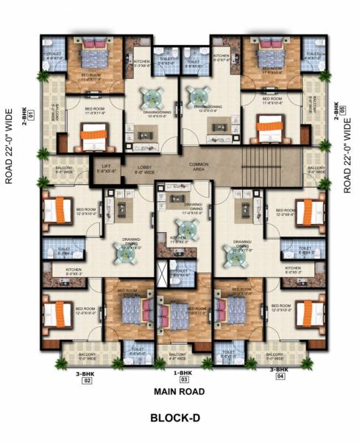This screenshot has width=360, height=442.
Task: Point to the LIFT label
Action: point(106,169)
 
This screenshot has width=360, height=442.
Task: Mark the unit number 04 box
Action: point(280,376)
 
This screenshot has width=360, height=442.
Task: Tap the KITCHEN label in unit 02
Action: point(73,271)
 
